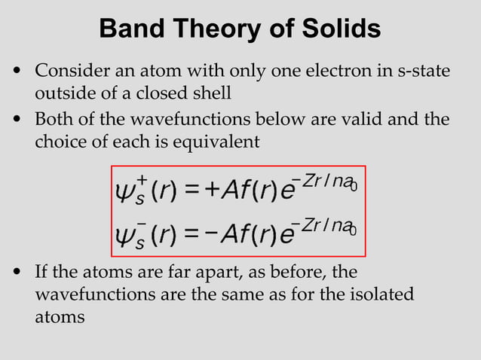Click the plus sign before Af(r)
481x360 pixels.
click(x=213, y=191)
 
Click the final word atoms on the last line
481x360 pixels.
click(x=60, y=317)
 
